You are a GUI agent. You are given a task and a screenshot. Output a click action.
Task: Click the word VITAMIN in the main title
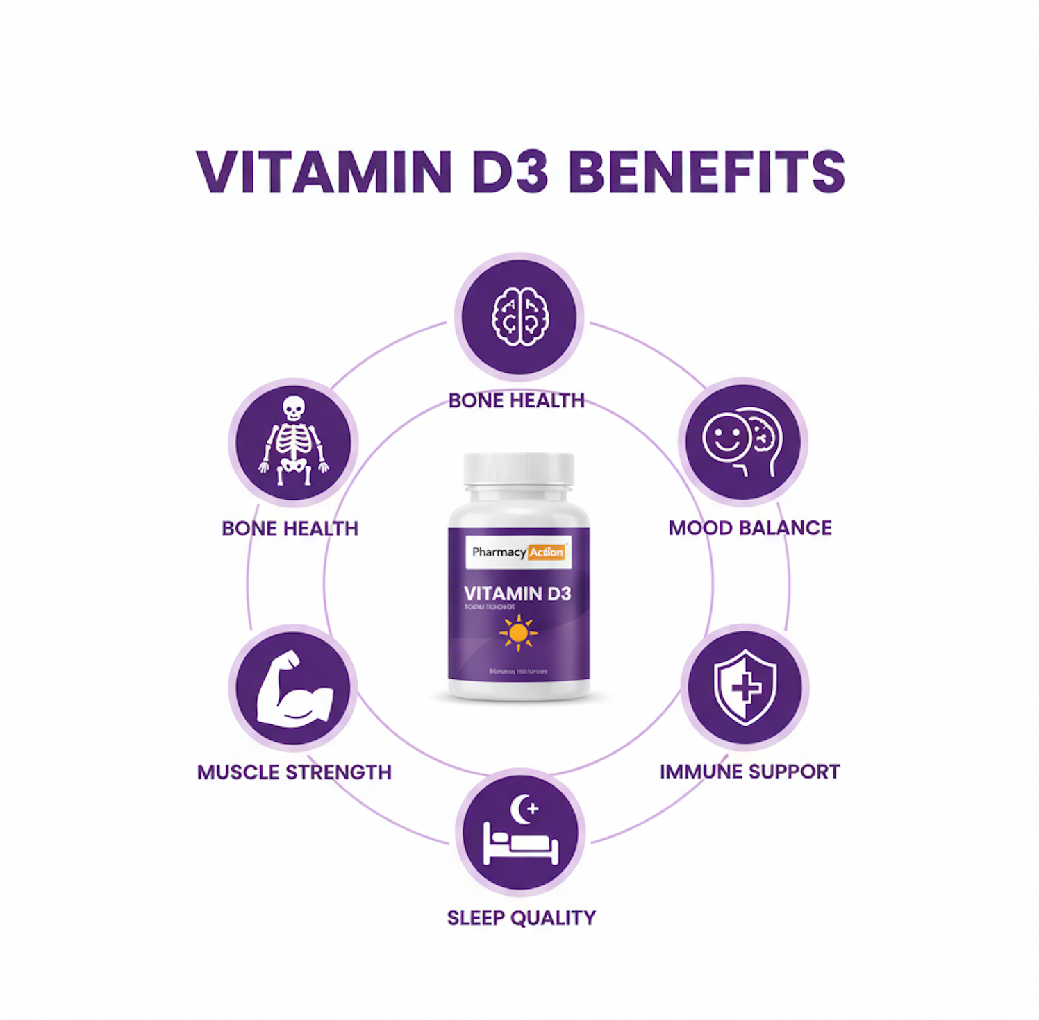(324, 171)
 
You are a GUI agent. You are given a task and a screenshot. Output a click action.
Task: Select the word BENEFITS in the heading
(706, 171)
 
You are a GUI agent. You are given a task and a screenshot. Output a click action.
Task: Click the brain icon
(519, 316)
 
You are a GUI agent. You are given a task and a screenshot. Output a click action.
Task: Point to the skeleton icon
(293, 441)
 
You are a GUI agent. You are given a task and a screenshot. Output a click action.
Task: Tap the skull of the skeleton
(293, 408)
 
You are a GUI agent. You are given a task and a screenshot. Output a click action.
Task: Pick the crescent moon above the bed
(523, 809)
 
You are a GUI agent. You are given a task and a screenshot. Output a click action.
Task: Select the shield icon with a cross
(745, 687)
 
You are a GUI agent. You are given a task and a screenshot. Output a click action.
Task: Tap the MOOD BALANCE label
(749, 528)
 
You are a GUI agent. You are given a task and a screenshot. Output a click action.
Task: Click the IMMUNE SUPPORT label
(749, 772)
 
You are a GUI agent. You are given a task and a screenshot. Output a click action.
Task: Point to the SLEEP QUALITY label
(521, 918)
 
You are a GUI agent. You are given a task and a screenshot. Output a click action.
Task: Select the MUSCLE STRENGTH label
(294, 772)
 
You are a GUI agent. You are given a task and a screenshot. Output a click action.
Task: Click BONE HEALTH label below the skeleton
(290, 529)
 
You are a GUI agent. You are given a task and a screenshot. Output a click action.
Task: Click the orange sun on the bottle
(518, 633)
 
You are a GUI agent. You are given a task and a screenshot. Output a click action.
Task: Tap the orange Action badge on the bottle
(547, 552)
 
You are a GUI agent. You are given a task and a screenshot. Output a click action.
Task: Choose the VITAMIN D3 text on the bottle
(517, 594)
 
